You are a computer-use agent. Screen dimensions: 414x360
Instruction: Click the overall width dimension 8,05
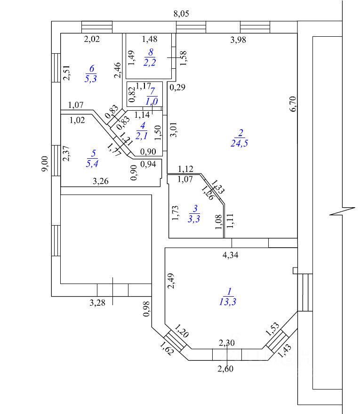point(181,14)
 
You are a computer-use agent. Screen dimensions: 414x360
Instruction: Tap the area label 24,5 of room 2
point(240,144)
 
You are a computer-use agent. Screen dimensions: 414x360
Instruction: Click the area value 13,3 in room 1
point(227,302)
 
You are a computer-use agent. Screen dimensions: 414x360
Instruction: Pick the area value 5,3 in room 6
point(91,79)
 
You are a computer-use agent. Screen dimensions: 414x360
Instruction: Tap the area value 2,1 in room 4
point(142,136)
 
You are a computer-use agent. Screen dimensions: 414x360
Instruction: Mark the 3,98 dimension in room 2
point(238,40)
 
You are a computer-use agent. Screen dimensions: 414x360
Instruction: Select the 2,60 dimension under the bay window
point(225,368)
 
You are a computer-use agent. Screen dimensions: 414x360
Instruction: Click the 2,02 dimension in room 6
point(92,40)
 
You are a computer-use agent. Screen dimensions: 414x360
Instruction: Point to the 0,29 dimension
point(177,87)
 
